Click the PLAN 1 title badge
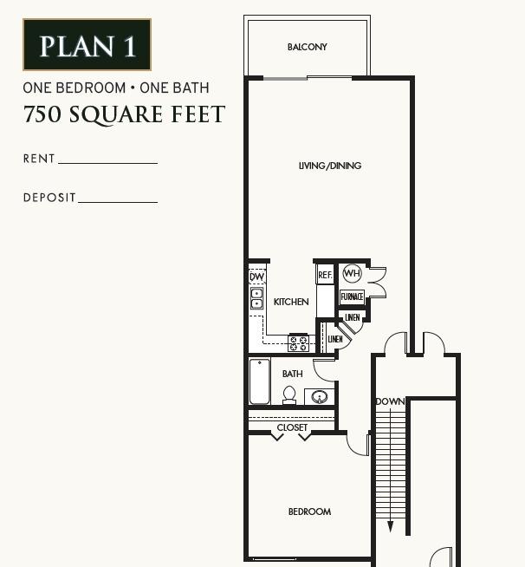click(x=87, y=45)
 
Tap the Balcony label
click(x=308, y=47)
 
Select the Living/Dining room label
click(x=330, y=166)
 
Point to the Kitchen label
click(x=291, y=302)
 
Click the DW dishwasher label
click(x=257, y=277)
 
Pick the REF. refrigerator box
click(x=325, y=275)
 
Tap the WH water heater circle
click(x=351, y=274)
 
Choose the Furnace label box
click(x=352, y=297)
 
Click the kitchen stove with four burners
click(x=299, y=342)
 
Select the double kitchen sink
click(x=257, y=299)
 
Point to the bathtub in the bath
click(x=260, y=382)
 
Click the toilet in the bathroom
click(x=289, y=395)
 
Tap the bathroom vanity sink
click(x=319, y=397)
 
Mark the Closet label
click(x=292, y=428)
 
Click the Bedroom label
click(x=309, y=512)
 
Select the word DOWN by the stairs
click(x=390, y=402)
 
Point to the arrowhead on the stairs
click(x=391, y=525)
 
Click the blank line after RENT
click(x=107, y=162)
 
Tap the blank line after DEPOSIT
click(x=118, y=201)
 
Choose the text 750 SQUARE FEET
click(x=124, y=114)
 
